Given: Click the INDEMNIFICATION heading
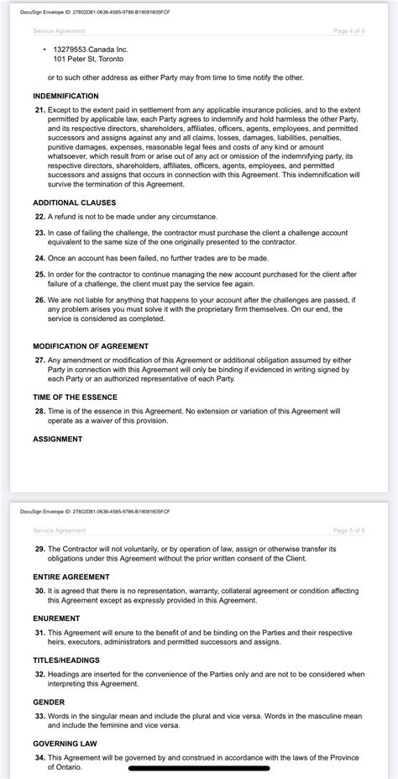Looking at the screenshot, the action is [x=65, y=97].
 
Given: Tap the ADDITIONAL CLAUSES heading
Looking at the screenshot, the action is [x=74, y=203].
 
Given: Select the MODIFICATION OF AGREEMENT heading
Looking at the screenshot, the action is [x=90, y=346].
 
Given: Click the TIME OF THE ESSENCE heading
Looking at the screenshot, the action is [x=75, y=397].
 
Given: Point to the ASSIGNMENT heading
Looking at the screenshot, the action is [x=57, y=439].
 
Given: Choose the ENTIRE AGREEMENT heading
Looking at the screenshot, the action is [x=71, y=577].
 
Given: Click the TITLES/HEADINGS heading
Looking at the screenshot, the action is [x=67, y=660].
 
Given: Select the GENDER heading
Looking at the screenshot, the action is [x=49, y=701].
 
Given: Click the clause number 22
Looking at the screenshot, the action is [x=39, y=217].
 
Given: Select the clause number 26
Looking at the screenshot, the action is [x=39, y=299].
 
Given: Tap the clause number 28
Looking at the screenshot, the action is [x=39, y=411].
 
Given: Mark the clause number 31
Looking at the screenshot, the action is [x=39, y=632].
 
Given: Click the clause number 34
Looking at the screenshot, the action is [x=39, y=756].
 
